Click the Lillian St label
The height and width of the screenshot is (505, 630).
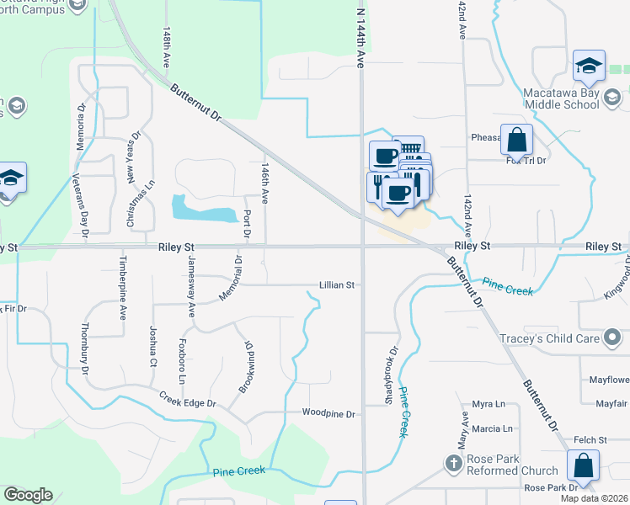[337, 285]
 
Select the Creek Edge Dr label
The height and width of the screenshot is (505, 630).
[188, 399]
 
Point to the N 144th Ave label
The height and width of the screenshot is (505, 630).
[361, 38]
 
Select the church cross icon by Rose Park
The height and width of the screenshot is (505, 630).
[453, 463]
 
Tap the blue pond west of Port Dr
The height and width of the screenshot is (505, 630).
[203, 209]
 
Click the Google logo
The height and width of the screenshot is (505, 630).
[28, 495]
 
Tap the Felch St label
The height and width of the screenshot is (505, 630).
[590, 440]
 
